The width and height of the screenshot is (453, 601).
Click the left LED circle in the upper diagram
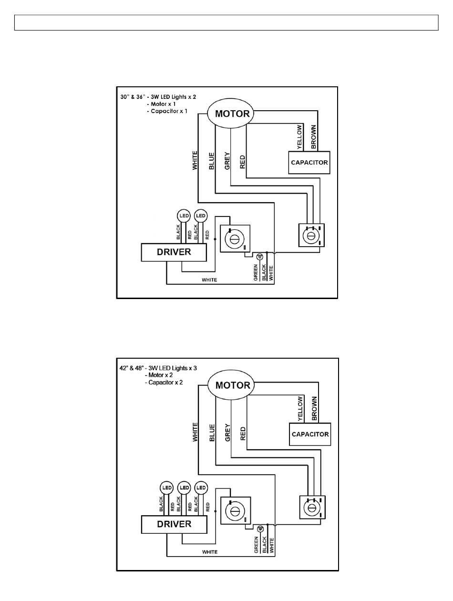184,216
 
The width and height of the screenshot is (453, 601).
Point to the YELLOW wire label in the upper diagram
299,137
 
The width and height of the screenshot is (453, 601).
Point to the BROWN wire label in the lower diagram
314,408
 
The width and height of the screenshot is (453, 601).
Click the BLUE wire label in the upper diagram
212,161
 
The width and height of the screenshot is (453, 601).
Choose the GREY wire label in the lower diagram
227,433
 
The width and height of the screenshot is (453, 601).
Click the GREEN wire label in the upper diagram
256,272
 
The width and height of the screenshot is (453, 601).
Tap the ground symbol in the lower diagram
260,528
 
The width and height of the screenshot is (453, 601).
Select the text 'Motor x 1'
163,104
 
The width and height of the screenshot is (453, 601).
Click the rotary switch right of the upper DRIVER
235,238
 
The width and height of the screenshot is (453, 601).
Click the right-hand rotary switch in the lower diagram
312,508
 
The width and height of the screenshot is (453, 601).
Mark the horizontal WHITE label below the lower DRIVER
210,552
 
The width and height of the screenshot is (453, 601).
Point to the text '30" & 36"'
132,97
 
